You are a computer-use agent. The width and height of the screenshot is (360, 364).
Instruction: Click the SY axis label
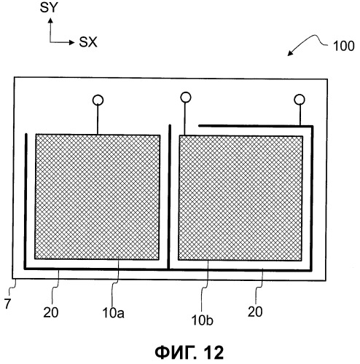49,8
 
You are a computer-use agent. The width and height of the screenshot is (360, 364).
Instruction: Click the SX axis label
88,42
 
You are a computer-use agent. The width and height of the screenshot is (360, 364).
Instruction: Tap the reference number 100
343,46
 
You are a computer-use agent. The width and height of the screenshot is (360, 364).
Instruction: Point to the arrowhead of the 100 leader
289,54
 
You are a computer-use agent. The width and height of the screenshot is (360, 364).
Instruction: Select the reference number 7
7,304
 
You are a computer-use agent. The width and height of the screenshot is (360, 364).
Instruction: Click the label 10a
113,312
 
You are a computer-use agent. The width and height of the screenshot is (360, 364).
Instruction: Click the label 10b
203,320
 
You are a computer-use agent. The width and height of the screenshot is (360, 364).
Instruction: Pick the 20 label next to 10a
51,312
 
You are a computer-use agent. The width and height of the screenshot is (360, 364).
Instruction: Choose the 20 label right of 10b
255,312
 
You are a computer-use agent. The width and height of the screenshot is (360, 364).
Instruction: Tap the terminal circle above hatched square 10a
98,100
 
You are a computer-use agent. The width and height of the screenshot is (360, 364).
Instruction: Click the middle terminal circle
186,97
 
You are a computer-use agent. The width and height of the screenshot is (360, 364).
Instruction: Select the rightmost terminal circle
300,99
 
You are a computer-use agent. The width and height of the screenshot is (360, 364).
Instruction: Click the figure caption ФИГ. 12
189,352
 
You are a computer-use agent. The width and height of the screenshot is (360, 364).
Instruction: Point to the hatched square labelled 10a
97,197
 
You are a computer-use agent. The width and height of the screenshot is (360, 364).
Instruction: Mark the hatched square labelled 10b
240,198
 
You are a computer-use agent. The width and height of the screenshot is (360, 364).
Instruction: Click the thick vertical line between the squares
169,197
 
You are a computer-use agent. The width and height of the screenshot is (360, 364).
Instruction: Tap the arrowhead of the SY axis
50,20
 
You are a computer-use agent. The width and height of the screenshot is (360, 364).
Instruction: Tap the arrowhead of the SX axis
71,42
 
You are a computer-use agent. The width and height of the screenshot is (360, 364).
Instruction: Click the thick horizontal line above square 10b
256,126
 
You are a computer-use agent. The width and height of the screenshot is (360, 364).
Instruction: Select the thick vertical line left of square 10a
25,201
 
